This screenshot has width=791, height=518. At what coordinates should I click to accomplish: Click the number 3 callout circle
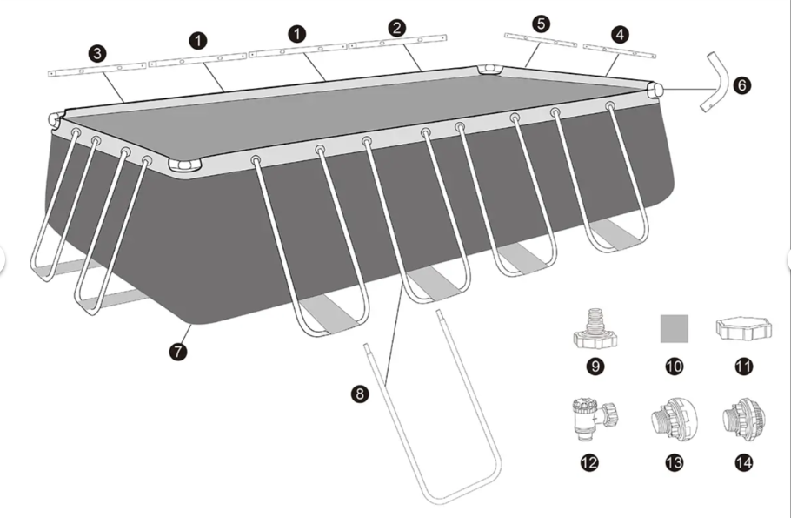pos(97,54)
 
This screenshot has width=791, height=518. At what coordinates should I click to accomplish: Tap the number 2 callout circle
pos(397,28)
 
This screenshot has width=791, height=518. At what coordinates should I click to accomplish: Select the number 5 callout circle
pos(542,24)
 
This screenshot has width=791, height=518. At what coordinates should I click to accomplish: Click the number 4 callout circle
pos(620,34)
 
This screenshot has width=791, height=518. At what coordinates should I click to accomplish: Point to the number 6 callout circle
pos(741,85)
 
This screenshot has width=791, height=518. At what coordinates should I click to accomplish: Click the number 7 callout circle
pos(178,351)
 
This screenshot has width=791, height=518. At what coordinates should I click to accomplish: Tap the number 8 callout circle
pos(360,394)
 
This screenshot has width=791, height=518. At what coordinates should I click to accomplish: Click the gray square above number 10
pos(675,328)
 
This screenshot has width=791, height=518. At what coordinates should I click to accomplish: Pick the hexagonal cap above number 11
pos(743,328)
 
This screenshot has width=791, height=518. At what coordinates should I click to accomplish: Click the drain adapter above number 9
pos(595,329)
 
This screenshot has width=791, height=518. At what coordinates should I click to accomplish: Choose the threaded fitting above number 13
pos(675,417)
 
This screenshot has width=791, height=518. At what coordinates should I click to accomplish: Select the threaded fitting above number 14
pos(743,417)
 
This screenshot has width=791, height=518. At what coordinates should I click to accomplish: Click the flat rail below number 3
pos(96,70)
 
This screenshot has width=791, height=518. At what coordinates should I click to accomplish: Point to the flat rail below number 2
pos(398,42)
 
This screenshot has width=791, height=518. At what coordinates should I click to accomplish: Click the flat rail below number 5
pos(541,40)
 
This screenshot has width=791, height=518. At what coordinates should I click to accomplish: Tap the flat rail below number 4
pos(620,51)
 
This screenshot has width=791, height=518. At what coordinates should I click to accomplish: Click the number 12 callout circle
pos(589,462)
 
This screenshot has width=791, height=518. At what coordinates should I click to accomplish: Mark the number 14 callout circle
pos(743,462)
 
